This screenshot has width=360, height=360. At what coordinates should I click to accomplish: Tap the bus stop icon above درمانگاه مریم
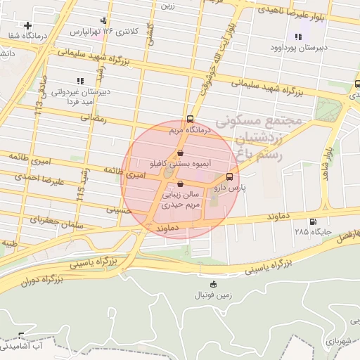(x=191, y=120)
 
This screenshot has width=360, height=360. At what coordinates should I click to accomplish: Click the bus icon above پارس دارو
(x=229, y=177)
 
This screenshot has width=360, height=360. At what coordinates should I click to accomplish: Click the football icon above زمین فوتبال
(x=214, y=284)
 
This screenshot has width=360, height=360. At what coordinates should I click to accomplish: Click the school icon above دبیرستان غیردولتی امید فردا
(x=79, y=80)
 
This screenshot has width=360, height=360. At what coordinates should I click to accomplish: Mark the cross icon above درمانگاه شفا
(x=27, y=25)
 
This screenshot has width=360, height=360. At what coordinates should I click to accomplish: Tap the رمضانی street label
(x=93, y=119)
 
